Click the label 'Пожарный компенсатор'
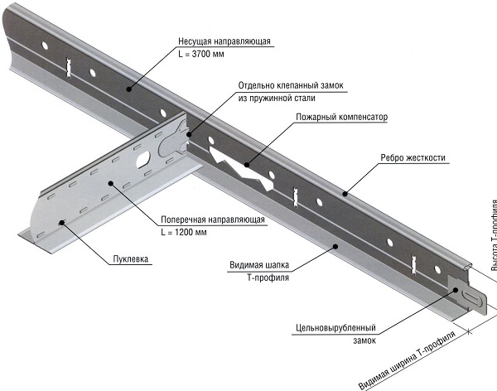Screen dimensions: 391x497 (x=341, y=118)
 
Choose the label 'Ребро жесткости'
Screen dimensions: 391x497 (x=413, y=157)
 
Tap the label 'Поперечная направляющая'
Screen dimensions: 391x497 (x=215, y=220)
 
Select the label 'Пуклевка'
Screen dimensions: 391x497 (x=130, y=258)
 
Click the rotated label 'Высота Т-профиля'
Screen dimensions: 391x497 (x=490, y=249)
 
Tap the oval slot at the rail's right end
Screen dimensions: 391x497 (x=470, y=296)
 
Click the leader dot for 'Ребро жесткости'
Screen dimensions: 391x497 (x=344, y=191)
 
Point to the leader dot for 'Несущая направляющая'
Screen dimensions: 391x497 (x=128, y=86)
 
